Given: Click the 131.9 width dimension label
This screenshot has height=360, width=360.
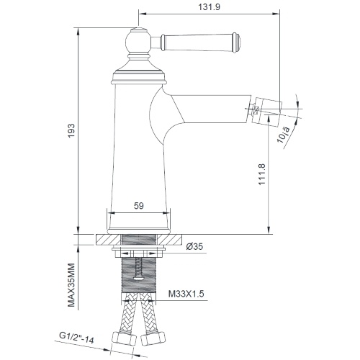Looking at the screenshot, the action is click(209, 7).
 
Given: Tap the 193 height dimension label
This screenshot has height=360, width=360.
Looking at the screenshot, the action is click(71, 131).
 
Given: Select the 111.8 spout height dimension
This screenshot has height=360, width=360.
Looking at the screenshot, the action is click(262, 174).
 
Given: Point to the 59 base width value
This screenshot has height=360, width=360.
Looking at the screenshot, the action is click(139, 206).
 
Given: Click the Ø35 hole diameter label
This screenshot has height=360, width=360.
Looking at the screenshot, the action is click(194, 246).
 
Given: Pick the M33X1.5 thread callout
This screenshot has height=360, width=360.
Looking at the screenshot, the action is click(186, 294).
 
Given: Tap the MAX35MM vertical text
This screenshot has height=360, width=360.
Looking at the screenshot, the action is click(71, 285).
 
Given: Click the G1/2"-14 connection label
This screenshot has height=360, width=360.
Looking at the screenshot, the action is click(76, 338).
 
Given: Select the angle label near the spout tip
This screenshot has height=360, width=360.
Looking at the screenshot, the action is click(284, 135).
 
